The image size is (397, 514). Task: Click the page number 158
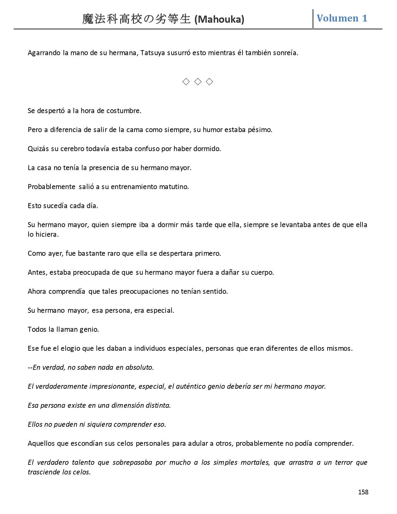[x=363, y=492]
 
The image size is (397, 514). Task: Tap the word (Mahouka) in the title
[x=219, y=20]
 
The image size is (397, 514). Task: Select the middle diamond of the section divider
[x=198, y=82]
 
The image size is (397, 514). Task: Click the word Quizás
[x=38, y=149]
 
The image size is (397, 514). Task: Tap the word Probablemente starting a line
[x=51, y=187]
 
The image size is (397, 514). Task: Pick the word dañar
[x=230, y=272]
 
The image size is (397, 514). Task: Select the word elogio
[x=71, y=348]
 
